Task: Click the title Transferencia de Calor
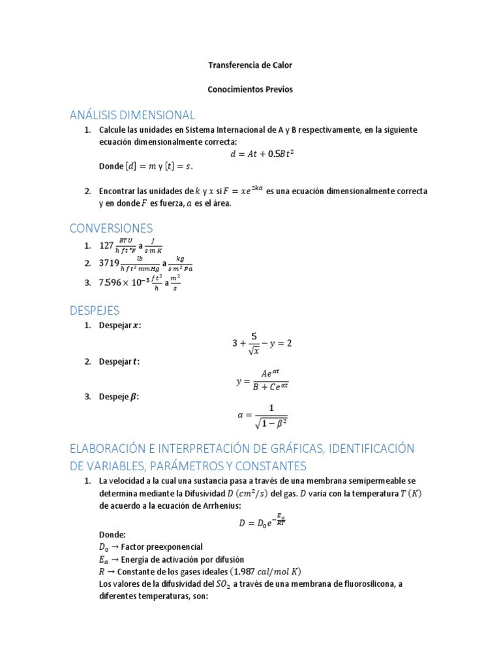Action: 250,65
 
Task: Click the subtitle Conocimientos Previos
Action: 250,90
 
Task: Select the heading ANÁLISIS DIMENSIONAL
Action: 132,115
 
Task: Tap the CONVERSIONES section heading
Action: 111,228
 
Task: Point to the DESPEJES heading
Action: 95,311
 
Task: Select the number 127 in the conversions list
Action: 106,246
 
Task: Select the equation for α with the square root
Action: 262,414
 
